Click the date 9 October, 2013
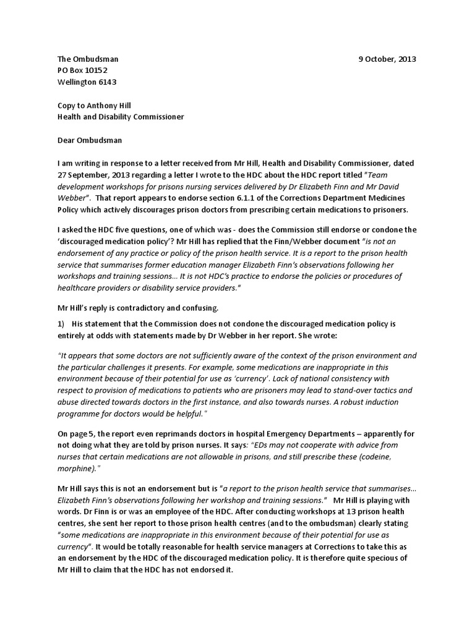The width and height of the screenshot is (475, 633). click(x=387, y=59)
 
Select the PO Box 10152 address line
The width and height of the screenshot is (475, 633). click(x=82, y=70)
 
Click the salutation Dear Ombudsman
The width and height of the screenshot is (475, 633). click(x=90, y=140)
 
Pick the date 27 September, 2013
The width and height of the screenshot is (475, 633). click(x=93, y=174)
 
